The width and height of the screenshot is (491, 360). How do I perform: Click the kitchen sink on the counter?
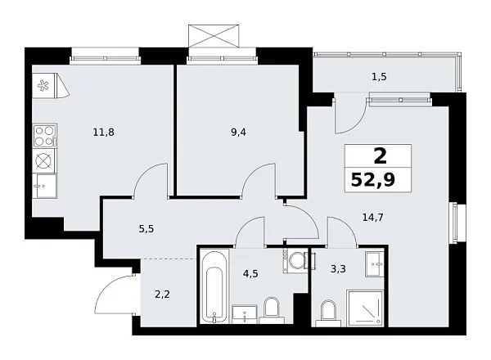[x=43, y=185]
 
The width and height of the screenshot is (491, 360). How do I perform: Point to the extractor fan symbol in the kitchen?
[x=43, y=84]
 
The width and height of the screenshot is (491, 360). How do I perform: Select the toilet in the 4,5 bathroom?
[x=273, y=310]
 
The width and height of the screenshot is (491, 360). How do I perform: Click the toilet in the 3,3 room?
[x=328, y=311]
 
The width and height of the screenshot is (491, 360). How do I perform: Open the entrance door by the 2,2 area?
[x=115, y=295]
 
